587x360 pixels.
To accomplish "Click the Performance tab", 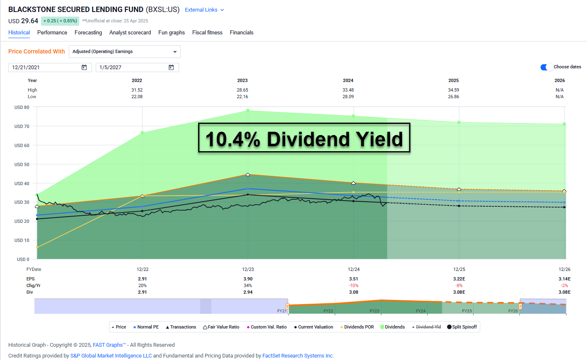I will [52, 32].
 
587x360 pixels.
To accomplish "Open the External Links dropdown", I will [204, 10].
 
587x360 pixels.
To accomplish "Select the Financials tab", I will [241, 32].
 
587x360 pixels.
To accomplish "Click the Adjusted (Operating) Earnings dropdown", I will [124, 51].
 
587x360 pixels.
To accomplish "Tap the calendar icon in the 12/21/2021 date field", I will [84, 68].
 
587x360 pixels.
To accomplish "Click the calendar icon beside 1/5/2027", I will [171, 68].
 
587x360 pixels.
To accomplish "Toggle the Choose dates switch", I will [546, 67].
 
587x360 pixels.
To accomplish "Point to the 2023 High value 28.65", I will [243, 90].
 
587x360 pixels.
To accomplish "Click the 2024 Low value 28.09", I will [348, 97].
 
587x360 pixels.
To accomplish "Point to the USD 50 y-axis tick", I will [22, 164].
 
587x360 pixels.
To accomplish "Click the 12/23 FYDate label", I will [248, 269].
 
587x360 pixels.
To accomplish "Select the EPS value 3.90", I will [248, 279].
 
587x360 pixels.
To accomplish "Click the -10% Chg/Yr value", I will [354, 285].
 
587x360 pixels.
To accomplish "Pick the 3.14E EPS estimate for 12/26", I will [564, 279].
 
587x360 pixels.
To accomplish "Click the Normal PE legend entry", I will [146, 327].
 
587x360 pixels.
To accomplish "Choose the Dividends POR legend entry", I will [357, 327].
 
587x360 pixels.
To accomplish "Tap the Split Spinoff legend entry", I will [462, 327].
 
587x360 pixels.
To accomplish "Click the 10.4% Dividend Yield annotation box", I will [304, 138].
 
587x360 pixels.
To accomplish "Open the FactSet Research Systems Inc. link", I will [298, 355].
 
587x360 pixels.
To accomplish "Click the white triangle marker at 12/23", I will [248, 175].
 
